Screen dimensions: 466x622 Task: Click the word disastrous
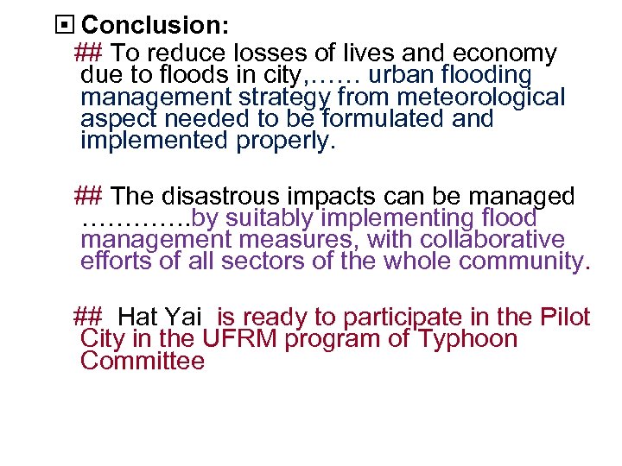217,197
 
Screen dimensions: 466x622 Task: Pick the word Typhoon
468,339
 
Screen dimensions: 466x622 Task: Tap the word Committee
143,361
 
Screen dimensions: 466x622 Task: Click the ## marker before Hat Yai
88,318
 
